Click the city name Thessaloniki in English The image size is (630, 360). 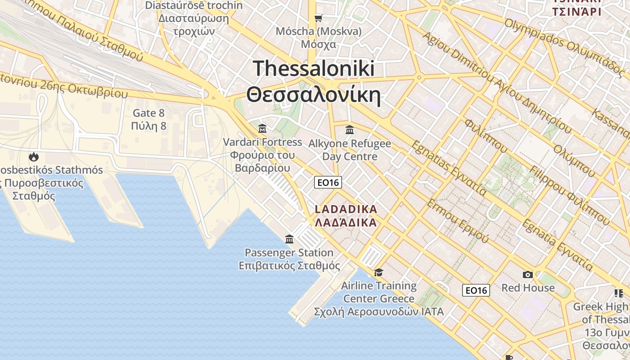tap(314, 69)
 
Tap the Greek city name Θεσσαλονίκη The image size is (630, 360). tap(314, 95)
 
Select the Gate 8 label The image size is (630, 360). tap(148, 113)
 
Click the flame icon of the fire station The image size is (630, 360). tap(33, 157)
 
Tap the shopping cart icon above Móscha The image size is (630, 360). tap(319, 18)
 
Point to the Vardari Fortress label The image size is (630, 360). tap(262, 142)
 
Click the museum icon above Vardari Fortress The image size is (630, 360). tap(262, 129)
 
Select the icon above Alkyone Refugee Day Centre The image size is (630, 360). tap(350, 130)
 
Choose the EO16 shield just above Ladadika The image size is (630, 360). tap(328, 182)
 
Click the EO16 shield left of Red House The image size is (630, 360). tap(476, 290)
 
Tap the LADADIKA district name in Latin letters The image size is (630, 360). tap(346, 209)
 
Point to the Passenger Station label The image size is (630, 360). tap(289, 252)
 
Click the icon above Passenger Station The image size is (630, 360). tap(289, 239)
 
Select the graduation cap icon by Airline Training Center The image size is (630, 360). tap(378, 272)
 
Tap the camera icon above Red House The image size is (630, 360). tap(528, 274)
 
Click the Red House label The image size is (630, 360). tap(528, 288)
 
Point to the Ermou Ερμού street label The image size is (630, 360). tap(457, 221)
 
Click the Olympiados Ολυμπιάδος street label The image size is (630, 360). tap(565, 47)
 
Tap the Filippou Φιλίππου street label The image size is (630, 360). tap(569, 196)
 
